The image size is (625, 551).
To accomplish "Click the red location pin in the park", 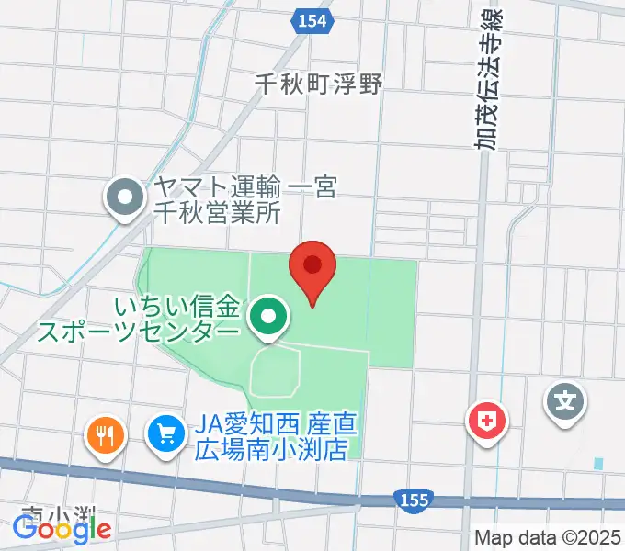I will [x=312, y=269].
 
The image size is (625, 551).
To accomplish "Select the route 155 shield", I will [x=414, y=500].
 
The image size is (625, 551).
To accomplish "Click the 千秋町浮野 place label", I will [x=318, y=83].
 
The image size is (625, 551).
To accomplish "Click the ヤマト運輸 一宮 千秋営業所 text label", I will [x=218, y=201].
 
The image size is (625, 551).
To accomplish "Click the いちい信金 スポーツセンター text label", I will [x=138, y=318].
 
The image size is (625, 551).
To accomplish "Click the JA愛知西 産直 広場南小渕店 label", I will [x=276, y=438].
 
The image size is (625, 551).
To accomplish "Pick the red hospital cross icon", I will [x=487, y=422].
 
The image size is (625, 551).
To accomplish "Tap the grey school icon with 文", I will [x=567, y=401].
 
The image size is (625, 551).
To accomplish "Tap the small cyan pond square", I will [x=599, y=464].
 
